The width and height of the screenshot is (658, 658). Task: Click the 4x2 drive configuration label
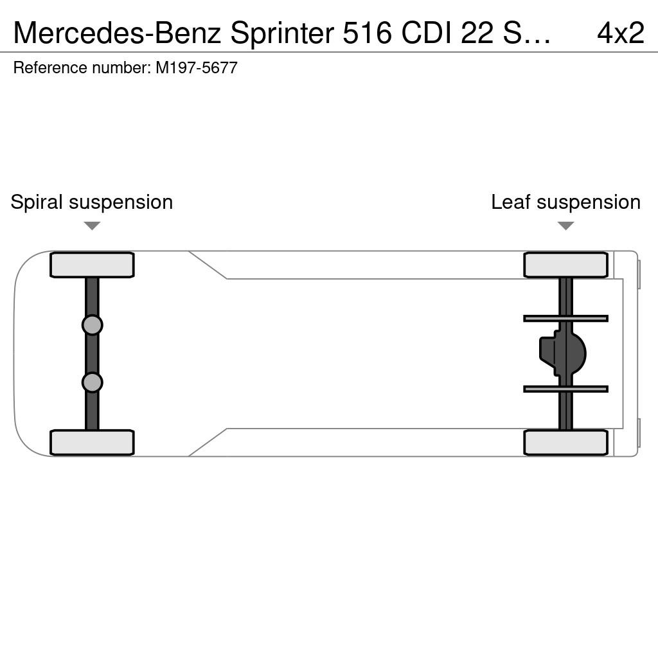click(x=620, y=33)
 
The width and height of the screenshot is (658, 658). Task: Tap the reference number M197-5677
click(x=197, y=67)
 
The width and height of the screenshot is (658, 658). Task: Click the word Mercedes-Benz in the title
click(x=117, y=33)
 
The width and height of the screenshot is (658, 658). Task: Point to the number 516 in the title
click(x=367, y=33)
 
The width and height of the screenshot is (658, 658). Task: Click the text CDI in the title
click(x=426, y=33)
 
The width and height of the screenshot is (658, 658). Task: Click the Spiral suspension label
click(x=91, y=202)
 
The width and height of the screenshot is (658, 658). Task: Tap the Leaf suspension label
click(x=565, y=202)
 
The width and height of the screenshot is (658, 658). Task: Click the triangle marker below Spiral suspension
click(x=92, y=226)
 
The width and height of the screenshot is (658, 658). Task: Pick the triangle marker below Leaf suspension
click(x=565, y=226)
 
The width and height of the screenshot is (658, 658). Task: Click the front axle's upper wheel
click(x=92, y=265)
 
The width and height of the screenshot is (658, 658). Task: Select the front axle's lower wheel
click(x=92, y=442)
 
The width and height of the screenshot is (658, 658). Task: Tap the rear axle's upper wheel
click(x=565, y=265)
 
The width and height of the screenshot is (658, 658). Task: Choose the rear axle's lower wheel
click(x=565, y=442)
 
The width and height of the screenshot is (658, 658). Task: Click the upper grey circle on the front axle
click(x=93, y=325)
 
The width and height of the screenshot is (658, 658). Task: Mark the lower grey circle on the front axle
click(x=93, y=383)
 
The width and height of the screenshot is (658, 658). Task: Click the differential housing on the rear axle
click(x=563, y=353)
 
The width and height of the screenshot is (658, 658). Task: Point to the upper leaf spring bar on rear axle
click(x=565, y=319)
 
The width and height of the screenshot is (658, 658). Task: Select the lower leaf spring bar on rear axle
click(x=565, y=389)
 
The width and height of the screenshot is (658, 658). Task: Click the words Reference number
click(x=82, y=67)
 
